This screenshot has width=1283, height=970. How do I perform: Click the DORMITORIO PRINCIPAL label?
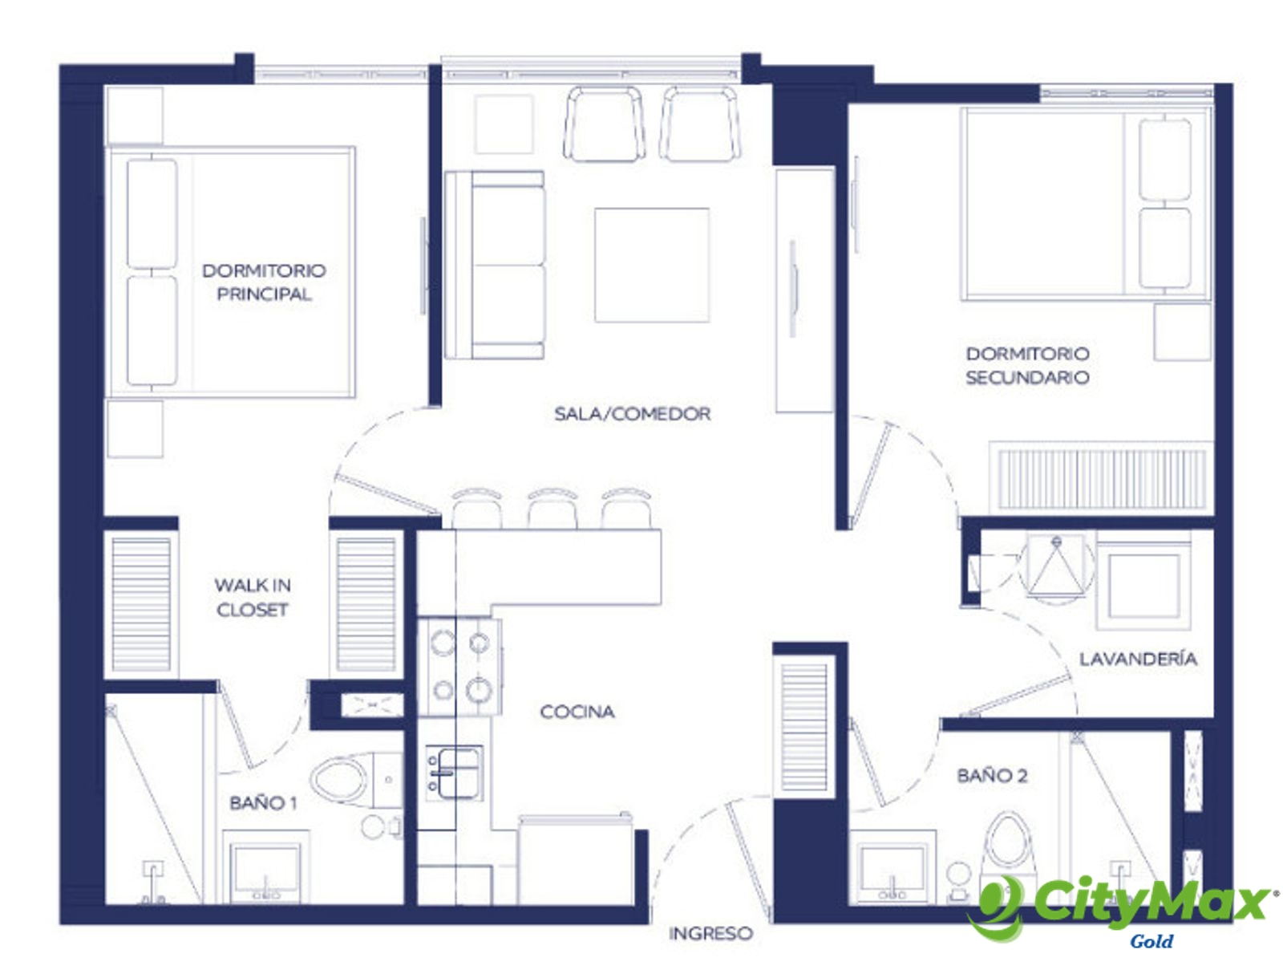click(x=264, y=282)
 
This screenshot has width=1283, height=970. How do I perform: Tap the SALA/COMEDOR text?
click(x=632, y=414)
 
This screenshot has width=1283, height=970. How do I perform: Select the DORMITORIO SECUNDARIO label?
click(x=1027, y=365)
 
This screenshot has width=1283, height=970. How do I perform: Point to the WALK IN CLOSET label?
click(x=252, y=597)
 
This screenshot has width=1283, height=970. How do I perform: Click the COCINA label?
click(x=577, y=712)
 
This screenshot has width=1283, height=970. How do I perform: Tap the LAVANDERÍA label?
click(x=1137, y=659)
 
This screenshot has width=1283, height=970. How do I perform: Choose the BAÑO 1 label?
click(x=264, y=803)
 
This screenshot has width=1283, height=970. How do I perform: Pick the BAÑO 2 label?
click(x=992, y=776)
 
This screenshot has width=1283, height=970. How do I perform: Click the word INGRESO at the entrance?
click(x=710, y=933)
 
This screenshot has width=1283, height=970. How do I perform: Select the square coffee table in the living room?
click(x=652, y=265)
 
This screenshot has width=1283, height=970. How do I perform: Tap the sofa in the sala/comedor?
click(x=495, y=265)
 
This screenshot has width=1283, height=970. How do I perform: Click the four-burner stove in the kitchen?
click(x=460, y=668)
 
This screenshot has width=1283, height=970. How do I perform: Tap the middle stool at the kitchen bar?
click(x=552, y=509)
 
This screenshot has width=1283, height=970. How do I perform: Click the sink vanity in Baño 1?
click(x=266, y=866)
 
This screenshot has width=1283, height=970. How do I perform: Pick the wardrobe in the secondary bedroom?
click(x=1101, y=478)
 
